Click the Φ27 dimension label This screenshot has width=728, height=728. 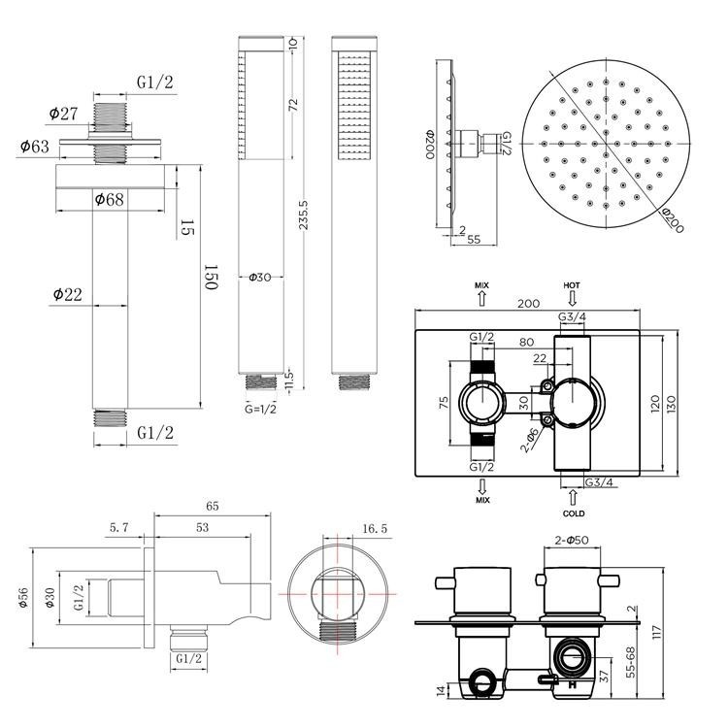pos(64,114)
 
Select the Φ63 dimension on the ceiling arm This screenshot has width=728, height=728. pos(35,147)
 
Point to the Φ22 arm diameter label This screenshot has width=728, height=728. pos(69,293)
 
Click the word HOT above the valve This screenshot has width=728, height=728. pos(572,285)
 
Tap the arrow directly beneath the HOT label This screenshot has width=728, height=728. pos(572,298)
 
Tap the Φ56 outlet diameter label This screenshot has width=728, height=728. pos(21,600)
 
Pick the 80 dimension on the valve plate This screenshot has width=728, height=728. pos(526,342)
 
